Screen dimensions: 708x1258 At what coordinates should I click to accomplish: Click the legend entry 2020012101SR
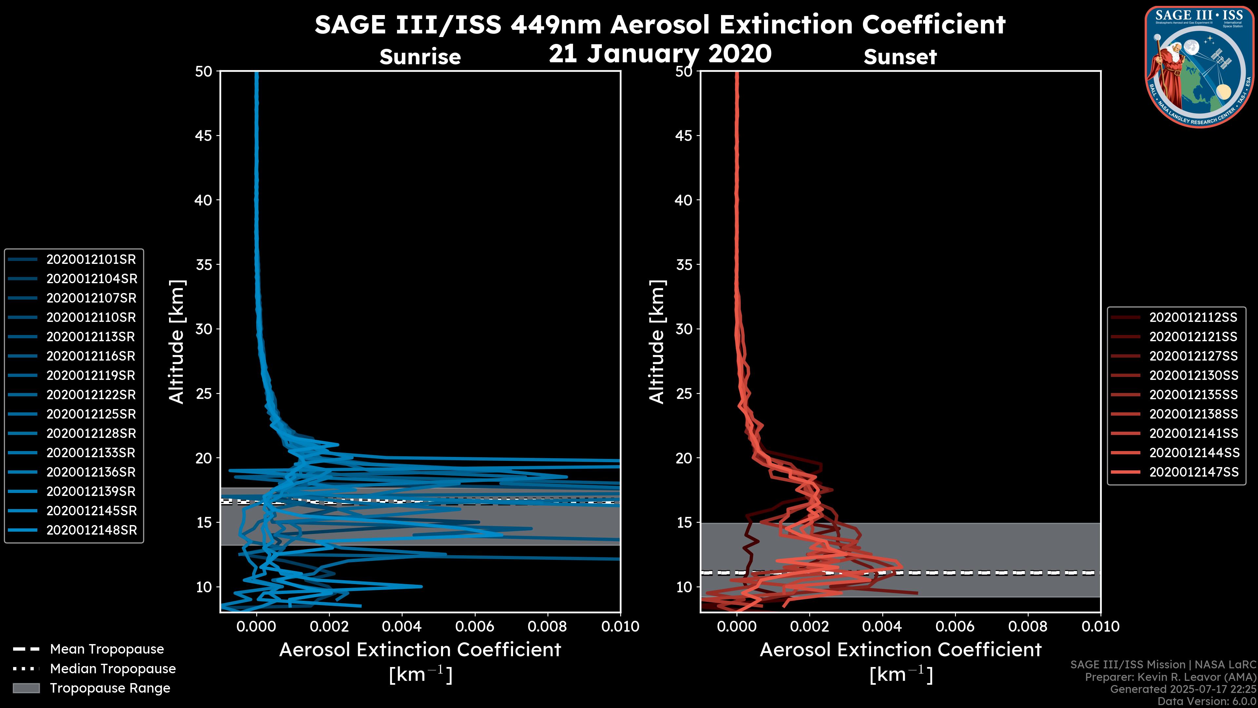(91, 260)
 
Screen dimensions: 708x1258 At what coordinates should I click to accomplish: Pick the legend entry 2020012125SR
(91, 414)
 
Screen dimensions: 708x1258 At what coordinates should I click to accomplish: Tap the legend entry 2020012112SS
(1193, 318)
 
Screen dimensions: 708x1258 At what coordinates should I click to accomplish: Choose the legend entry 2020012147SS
(1193, 472)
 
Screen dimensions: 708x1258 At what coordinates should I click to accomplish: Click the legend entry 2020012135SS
(1193, 395)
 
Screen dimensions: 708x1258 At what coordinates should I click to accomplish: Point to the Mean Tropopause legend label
(107, 649)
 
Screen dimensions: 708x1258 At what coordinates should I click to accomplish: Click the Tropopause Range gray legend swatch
(26, 688)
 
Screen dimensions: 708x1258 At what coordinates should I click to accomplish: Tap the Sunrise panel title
(420, 57)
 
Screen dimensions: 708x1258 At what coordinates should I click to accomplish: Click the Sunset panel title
(900, 57)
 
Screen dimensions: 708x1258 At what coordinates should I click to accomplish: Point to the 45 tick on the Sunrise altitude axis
(203, 135)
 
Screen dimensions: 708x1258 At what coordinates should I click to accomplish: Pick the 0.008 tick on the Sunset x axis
(1028, 626)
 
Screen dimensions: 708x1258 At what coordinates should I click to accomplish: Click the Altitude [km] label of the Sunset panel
(657, 342)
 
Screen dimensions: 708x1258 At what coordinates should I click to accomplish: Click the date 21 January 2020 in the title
(660, 54)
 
